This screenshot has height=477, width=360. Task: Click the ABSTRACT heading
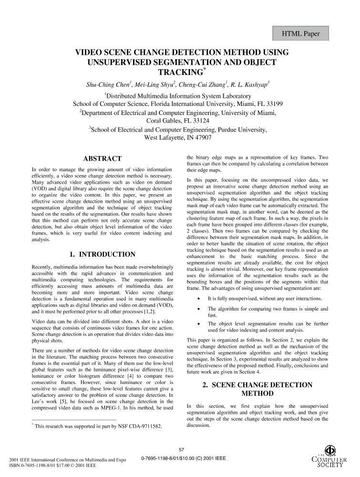102,159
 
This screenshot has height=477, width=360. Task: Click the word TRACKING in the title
177,73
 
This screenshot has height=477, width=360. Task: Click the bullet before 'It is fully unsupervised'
198,298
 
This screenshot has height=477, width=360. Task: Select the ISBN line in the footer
46,466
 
